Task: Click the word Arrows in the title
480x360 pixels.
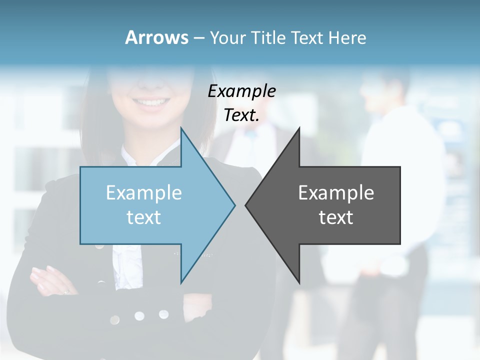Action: coord(156,37)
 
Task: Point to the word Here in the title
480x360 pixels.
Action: coord(347,37)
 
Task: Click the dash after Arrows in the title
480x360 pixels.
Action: coord(198,38)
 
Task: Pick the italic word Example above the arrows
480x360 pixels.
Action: coord(241,91)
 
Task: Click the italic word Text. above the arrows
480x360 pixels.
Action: coord(241,115)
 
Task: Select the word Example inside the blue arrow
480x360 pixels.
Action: coord(144,193)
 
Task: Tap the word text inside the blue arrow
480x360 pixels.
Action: coord(144,217)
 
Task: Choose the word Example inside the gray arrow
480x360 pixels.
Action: coord(336,193)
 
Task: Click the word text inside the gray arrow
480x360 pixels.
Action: coord(336,217)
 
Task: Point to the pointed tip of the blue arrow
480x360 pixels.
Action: coord(234,205)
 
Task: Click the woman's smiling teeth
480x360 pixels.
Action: coord(151,103)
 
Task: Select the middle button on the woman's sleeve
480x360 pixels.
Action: coord(139,316)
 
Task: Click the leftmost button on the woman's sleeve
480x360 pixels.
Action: coord(115,319)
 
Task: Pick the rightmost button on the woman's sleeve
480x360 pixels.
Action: coord(163,314)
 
